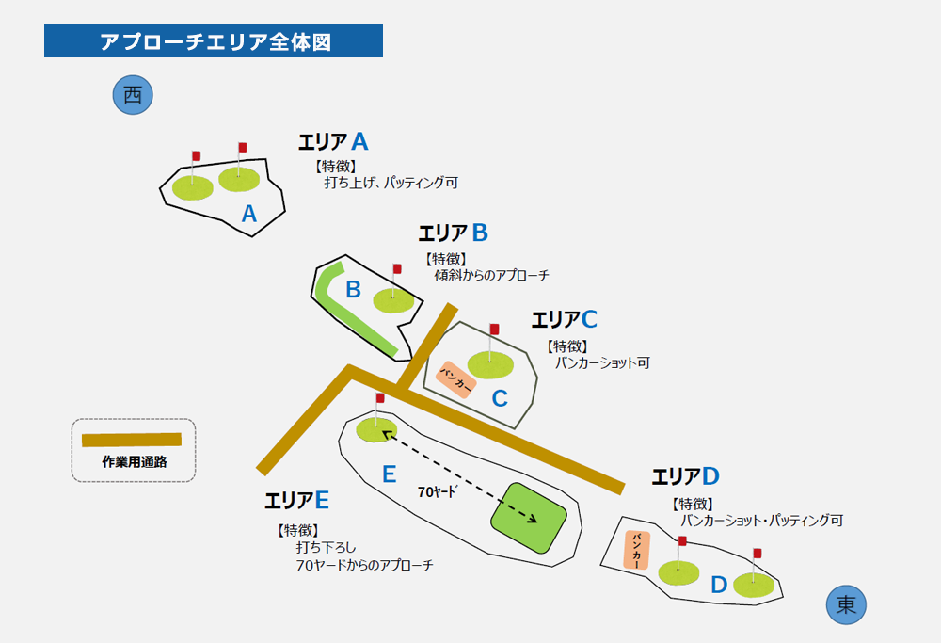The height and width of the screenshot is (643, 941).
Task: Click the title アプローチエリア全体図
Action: coord(214,41)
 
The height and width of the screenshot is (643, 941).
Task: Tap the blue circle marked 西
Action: coord(133,95)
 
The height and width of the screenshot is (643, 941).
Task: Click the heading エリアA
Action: coord(333,142)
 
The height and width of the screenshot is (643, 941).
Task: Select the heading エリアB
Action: coord(453,233)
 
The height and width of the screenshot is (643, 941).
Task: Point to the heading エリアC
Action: coord(564,319)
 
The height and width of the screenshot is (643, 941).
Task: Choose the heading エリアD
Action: coord(685,476)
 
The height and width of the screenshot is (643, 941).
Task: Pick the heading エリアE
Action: coord(296,499)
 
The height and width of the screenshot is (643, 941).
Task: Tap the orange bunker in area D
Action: coord(638,549)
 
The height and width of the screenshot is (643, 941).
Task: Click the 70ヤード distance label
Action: coord(437,491)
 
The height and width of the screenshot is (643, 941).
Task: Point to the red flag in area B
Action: coord(397,269)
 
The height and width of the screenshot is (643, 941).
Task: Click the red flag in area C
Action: coord(495,330)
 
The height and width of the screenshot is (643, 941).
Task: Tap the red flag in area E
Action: coord(380,399)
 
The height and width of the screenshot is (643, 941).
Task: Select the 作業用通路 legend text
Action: coord(134,462)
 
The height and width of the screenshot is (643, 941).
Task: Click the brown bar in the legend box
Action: coord(132,440)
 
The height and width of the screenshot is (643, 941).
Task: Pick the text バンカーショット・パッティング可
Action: coord(761,520)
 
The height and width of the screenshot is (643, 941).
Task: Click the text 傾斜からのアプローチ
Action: coord(491,276)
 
